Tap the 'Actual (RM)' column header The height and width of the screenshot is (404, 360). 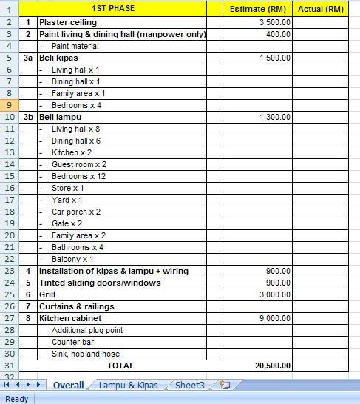click(x=320, y=9)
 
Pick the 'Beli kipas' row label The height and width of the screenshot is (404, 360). click(x=58, y=58)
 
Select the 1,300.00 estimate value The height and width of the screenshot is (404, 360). click(x=275, y=117)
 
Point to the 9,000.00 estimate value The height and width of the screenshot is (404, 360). click(x=275, y=318)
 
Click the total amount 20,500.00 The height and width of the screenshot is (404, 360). click(x=273, y=366)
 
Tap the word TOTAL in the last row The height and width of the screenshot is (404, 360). click(x=121, y=366)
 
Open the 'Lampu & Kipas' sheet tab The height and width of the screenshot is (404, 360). click(x=128, y=385)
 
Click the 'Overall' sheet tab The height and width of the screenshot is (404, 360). click(x=68, y=385)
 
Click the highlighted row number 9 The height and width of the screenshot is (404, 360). click(x=9, y=105)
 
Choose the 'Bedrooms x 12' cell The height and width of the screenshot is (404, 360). click(x=78, y=176)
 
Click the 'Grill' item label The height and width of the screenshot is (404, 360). click(x=47, y=294)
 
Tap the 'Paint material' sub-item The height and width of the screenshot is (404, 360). click(x=75, y=46)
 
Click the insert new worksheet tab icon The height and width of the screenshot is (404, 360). click(x=225, y=385)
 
